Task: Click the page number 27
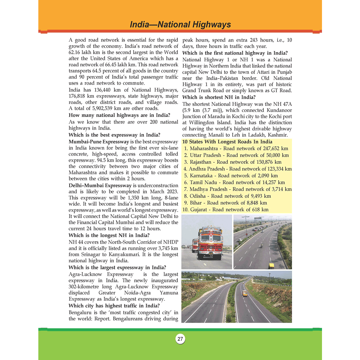180,339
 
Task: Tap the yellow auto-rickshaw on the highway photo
272,266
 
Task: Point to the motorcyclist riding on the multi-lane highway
262,245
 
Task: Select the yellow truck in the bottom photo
245,293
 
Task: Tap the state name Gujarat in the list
199,210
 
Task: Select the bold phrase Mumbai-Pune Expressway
94,142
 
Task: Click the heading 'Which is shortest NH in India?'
219,97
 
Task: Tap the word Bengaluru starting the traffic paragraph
81,312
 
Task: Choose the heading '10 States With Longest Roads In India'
227,142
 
